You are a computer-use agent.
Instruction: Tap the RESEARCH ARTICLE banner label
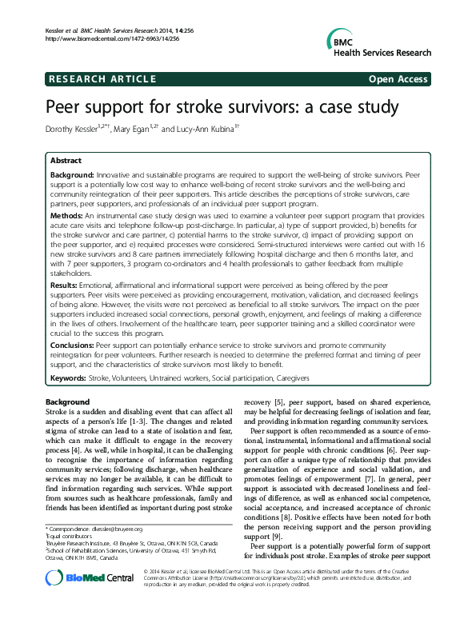point(102,79)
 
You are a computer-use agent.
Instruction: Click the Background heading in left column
point(67,401)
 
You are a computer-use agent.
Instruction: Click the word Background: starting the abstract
point(73,174)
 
